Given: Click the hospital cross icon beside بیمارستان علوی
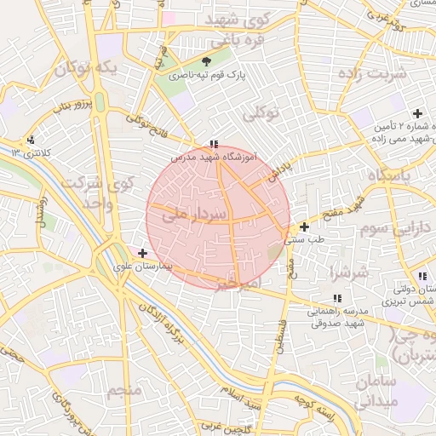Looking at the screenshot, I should pyautogui.click(x=142, y=253).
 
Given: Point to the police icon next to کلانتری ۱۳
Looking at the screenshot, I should pyautogui.click(x=32, y=140).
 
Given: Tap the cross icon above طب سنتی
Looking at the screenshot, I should pyautogui.click(x=304, y=227).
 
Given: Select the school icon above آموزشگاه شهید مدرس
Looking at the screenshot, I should pyautogui.click(x=213, y=145).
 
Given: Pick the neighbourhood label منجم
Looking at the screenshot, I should pyautogui.click(x=124, y=390).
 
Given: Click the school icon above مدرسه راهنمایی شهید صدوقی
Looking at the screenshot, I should pyautogui.click(x=337, y=298).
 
